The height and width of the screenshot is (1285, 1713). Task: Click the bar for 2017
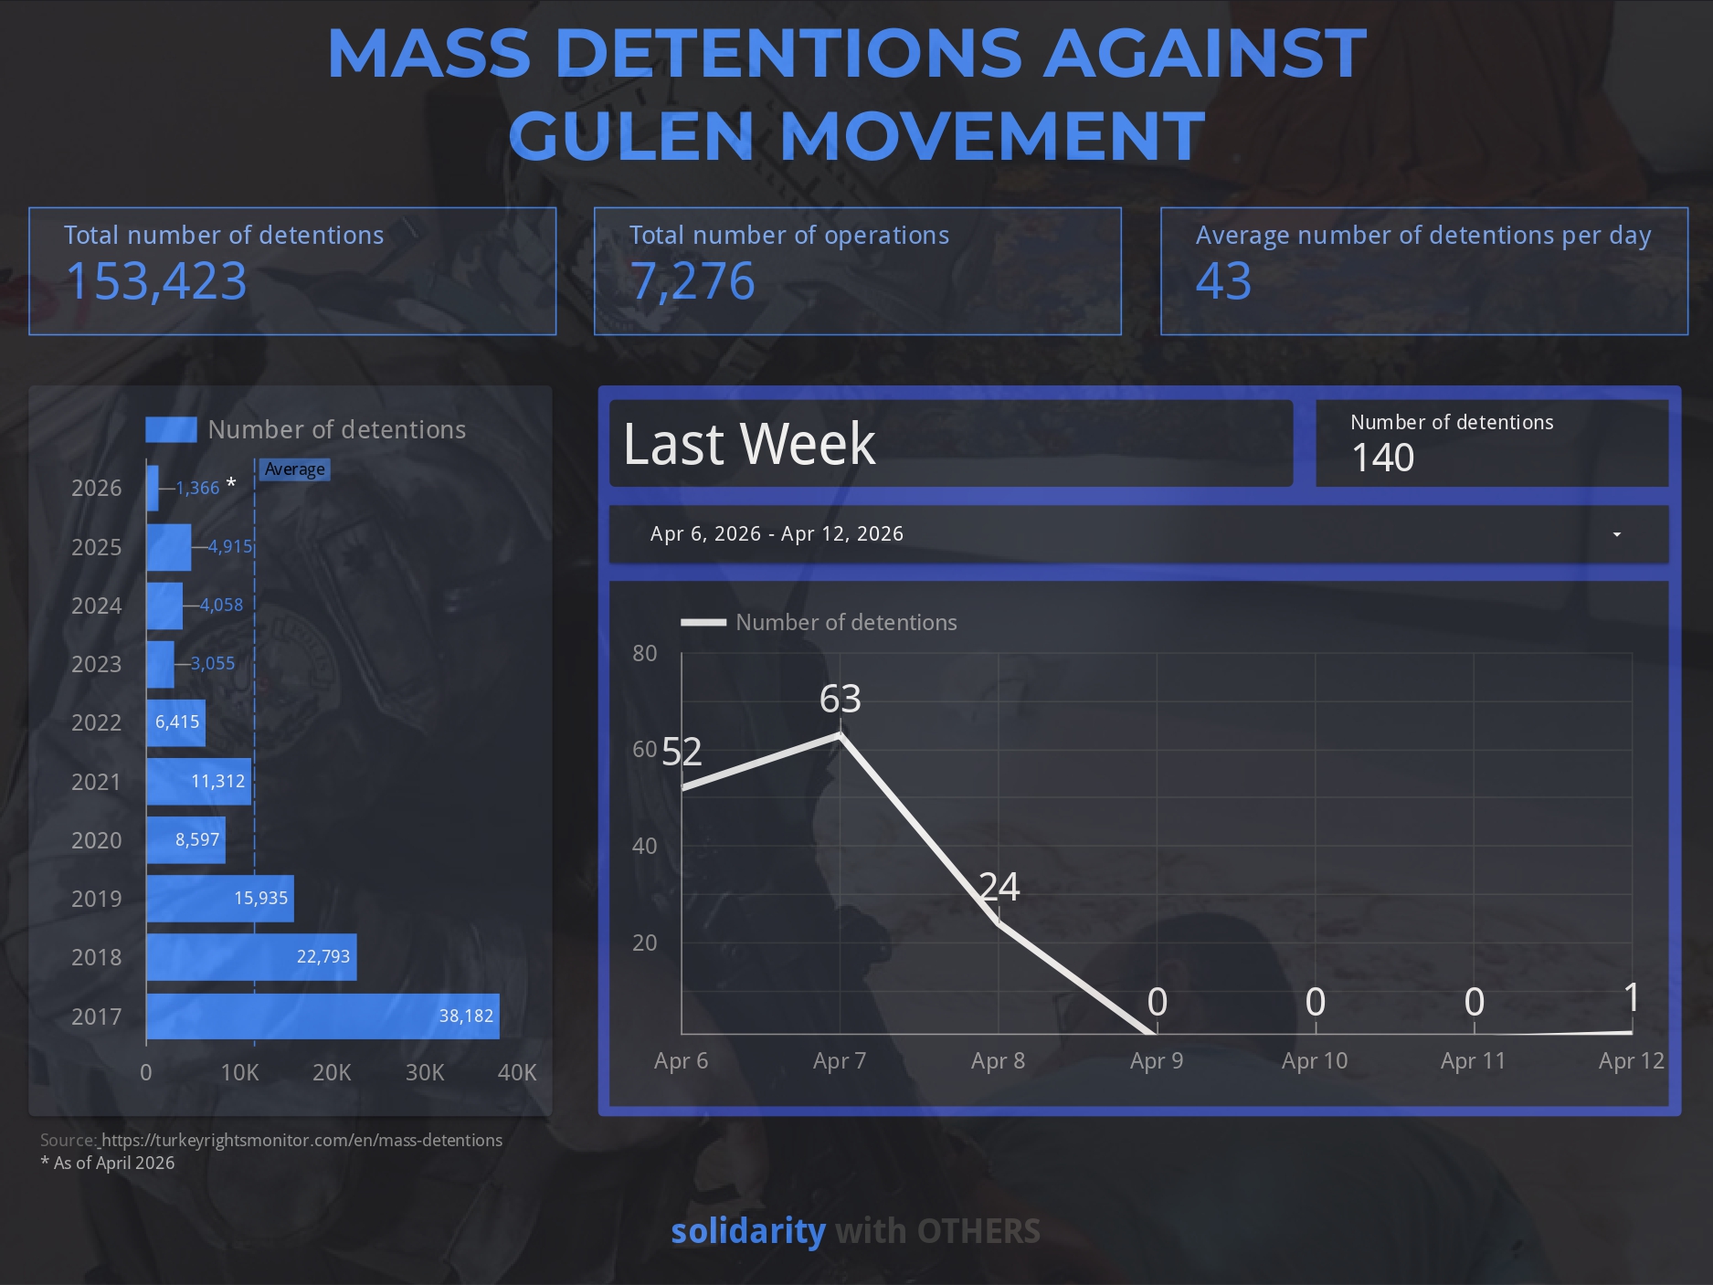(x=323, y=1016)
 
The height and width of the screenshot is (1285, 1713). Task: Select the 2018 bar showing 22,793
(x=251, y=957)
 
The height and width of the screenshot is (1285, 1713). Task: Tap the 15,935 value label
(x=260, y=899)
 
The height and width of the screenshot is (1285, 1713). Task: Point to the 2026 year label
(x=96, y=488)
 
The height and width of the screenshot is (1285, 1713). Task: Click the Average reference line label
(x=294, y=469)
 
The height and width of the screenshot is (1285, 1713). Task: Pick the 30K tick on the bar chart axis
(x=425, y=1072)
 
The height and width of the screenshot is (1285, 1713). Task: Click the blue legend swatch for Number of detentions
(x=171, y=429)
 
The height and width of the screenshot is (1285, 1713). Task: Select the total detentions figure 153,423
(x=156, y=281)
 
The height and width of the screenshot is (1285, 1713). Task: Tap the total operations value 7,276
(x=693, y=281)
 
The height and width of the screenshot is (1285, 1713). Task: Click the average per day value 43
(x=1223, y=281)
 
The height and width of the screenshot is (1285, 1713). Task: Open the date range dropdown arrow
(x=1616, y=534)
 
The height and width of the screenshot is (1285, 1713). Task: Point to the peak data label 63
(x=840, y=699)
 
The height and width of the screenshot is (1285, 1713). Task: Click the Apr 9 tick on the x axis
(x=1156, y=1060)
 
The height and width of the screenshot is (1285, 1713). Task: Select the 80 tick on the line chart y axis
(x=644, y=653)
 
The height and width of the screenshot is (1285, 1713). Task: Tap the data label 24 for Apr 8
(x=999, y=887)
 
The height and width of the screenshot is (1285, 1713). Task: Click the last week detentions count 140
(x=1382, y=458)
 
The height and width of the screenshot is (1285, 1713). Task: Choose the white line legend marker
(x=703, y=623)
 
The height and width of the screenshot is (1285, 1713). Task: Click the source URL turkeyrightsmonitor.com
(x=301, y=1140)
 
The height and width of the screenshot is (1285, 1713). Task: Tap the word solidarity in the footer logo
(x=747, y=1231)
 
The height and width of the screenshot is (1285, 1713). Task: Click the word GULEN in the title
(x=630, y=135)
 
